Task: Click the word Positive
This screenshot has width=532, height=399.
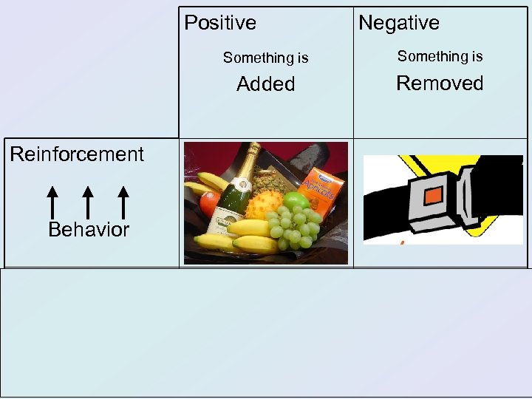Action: (220, 23)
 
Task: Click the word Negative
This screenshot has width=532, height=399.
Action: (399, 23)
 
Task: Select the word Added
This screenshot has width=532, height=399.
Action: (265, 84)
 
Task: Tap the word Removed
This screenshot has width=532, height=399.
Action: (440, 83)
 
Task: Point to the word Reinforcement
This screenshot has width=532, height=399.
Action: (77, 154)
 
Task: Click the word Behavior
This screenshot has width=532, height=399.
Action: (89, 230)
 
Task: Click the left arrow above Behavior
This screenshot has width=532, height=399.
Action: (52, 202)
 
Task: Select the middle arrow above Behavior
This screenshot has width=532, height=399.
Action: (88, 202)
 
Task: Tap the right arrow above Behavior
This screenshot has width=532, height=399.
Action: (123, 202)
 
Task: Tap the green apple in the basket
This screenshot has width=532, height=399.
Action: (296, 201)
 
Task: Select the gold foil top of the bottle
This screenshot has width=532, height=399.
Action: (252, 157)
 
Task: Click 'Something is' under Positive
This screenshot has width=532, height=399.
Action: (265, 58)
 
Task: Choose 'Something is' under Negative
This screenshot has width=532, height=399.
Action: (440, 56)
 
